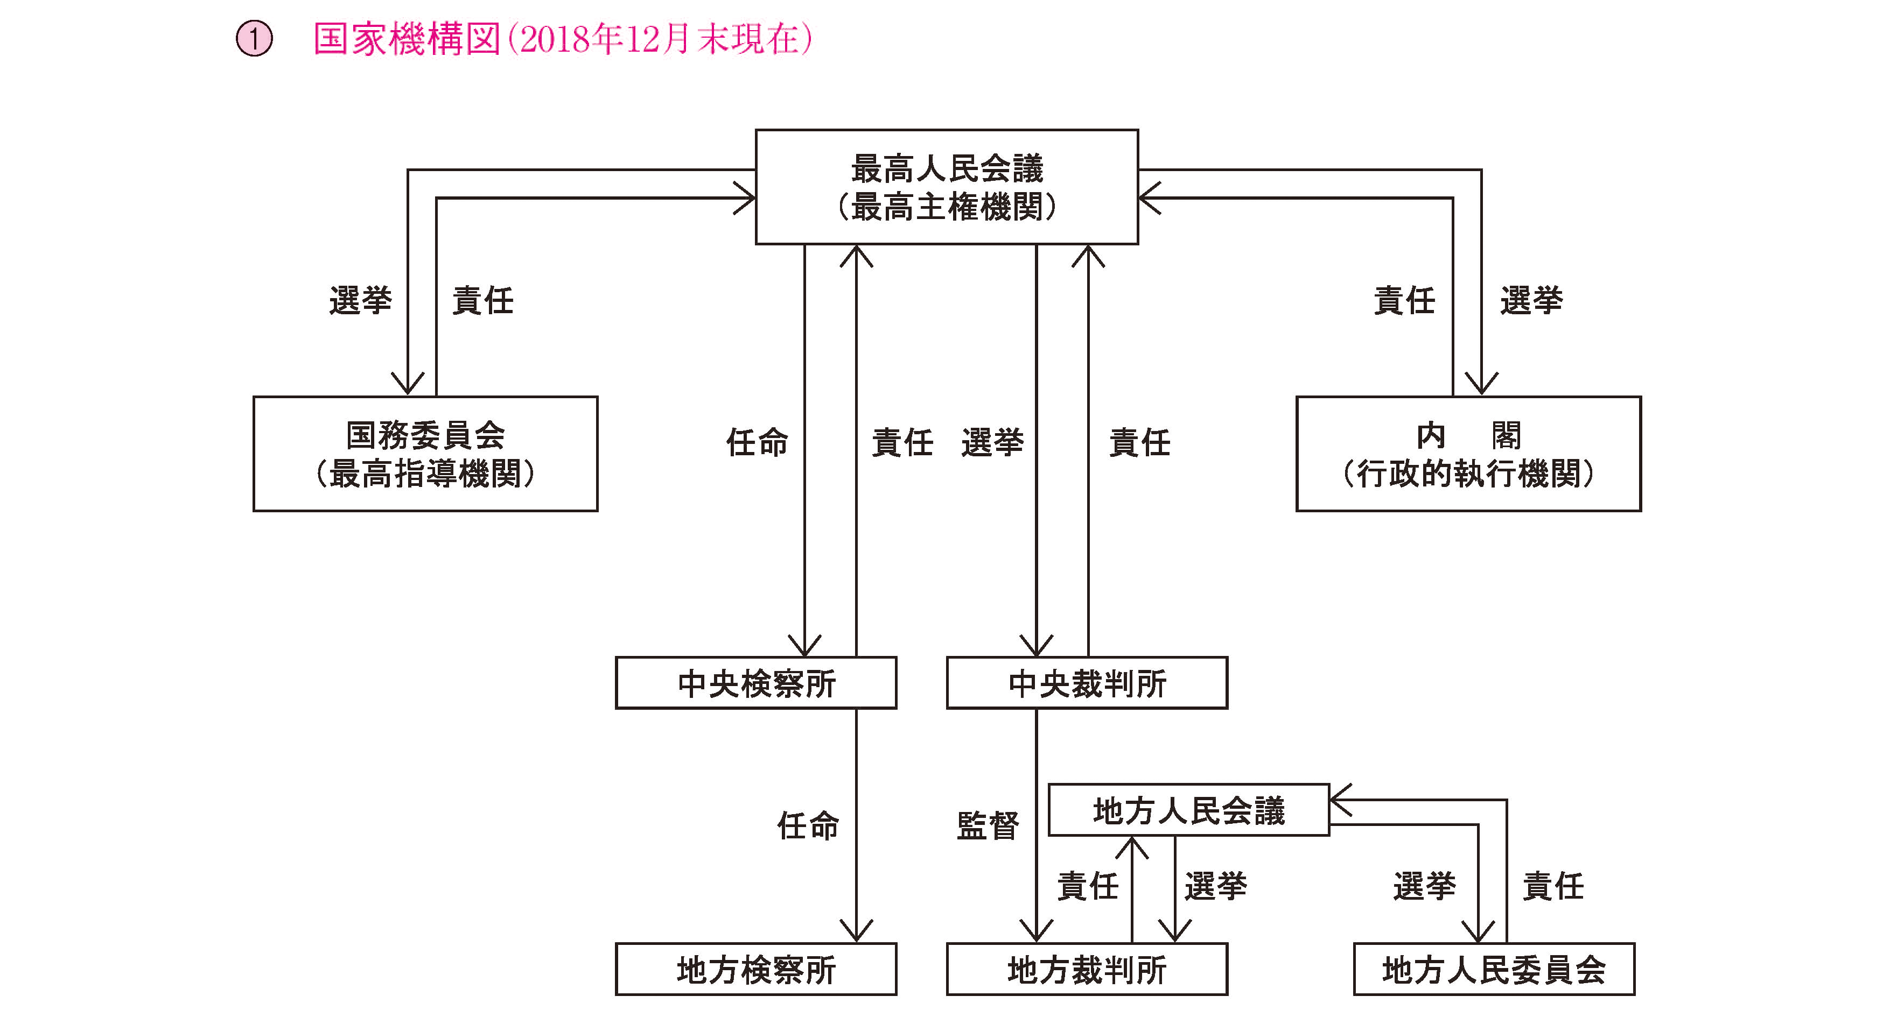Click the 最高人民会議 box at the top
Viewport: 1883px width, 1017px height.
tap(947, 187)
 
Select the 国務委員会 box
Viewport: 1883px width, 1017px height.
tap(425, 454)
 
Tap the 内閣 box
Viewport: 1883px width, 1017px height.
tap(1468, 454)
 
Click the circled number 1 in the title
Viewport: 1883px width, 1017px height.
tap(254, 39)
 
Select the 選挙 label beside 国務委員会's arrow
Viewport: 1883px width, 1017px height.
tap(360, 300)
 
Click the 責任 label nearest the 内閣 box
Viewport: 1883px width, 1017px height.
tap(1404, 300)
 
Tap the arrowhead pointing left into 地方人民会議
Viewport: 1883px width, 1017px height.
tap(1341, 800)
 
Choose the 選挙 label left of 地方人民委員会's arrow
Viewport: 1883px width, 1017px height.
tap(1424, 886)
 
